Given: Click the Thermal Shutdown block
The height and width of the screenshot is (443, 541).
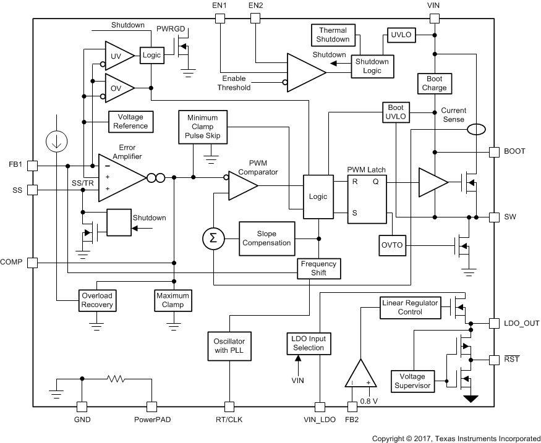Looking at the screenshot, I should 333,35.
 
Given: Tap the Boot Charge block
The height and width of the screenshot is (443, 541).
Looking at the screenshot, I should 434,83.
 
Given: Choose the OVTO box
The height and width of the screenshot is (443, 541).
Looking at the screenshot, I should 391,245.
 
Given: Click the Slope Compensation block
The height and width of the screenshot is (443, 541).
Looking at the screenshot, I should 266,238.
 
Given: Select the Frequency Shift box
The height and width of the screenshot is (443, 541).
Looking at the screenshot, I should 318,268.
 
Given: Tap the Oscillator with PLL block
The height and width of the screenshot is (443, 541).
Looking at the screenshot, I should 229,345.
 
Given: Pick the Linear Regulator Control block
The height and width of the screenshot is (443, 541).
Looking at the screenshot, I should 409,307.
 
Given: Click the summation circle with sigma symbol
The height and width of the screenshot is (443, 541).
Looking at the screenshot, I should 213,238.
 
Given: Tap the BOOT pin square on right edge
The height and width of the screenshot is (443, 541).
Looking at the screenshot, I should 493,151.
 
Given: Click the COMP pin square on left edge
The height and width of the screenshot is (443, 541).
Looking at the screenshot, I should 33,263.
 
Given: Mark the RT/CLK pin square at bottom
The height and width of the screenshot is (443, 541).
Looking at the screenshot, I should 229,407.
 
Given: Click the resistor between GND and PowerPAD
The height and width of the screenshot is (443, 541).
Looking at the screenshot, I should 116,378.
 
